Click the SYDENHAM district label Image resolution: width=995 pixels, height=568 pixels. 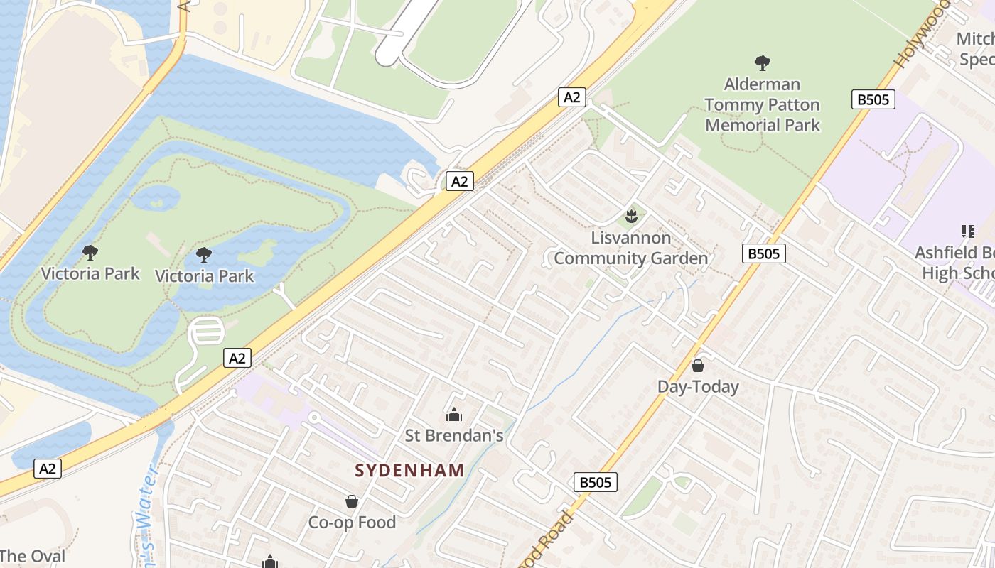coord(409,470)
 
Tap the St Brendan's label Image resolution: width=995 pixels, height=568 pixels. coord(454,435)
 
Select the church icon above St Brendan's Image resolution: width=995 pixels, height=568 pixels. coord(453,415)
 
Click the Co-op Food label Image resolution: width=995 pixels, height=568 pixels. coord(352,523)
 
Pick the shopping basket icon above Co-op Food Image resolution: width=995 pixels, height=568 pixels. coord(351,502)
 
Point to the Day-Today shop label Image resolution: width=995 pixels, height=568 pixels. coord(698,387)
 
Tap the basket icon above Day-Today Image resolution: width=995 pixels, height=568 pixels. coord(698,366)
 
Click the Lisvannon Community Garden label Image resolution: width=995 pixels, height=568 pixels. coord(631,248)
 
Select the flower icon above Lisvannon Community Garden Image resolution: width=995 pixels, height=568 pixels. coord(630,215)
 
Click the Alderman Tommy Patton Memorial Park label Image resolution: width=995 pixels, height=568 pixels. coord(763,104)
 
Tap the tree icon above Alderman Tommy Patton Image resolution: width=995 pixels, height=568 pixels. coord(763,63)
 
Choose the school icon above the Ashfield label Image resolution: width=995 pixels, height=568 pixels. coord(967,231)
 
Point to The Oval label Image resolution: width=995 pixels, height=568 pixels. coord(33,556)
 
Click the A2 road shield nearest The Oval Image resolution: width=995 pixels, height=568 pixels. coord(47,469)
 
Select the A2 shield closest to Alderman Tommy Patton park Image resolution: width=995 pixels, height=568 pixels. coord(572,97)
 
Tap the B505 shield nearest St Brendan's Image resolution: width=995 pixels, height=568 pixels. coord(595,483)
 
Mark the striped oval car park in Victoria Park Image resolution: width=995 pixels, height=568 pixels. coord(206,332)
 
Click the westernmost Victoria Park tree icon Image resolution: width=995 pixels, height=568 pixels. coord(90,252)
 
